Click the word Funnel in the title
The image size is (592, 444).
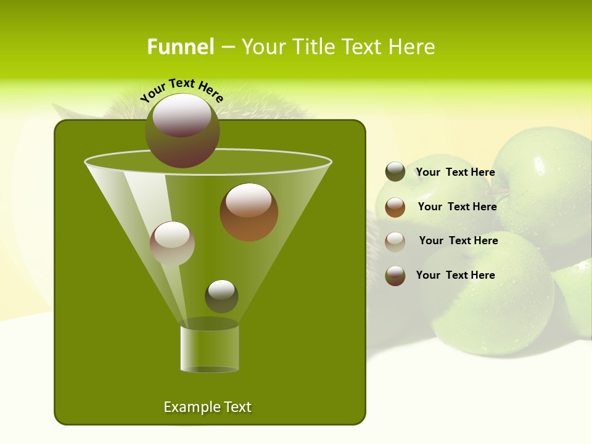point(180,47)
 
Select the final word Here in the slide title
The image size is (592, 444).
point(414,47)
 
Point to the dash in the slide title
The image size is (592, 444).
point(227,47)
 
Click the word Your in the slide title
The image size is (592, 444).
point(264,47)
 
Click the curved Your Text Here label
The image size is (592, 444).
point(181,90)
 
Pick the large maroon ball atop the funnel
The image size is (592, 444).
point(182,131)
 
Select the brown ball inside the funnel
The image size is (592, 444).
point(249,212)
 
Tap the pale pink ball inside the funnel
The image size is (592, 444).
point(172,244)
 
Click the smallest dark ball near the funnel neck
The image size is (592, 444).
point(221,296)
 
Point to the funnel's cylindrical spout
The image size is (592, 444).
point(209,349)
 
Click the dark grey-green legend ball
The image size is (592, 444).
point(395,172)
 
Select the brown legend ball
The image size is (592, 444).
point(395,207)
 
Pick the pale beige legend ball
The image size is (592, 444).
point(395,242)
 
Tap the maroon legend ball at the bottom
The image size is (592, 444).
point(395,276)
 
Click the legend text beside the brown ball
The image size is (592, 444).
point(457,207)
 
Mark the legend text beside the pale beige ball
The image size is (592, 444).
point(458,240)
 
